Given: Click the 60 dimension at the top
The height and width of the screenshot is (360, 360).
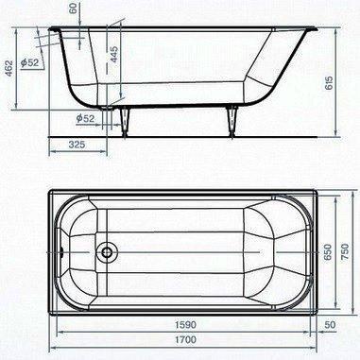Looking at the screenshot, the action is click(x=74, y=8).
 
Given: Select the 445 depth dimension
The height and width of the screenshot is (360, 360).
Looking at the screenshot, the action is click(x=114, y=54).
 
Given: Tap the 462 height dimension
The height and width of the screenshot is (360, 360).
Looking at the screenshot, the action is click(x=9, y=68).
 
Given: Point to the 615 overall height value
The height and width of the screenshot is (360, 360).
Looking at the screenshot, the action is click(x=329, y=83).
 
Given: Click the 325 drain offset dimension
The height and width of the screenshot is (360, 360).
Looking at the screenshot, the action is click(x=77, y=145).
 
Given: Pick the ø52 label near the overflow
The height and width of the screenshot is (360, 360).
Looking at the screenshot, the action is click(x=30, y=62).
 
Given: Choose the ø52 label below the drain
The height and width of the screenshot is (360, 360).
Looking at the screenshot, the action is click(x=85, y=118).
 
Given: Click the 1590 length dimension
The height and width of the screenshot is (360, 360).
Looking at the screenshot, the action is click(x=187, y=325).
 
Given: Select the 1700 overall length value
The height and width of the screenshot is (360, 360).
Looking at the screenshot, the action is click(x=186, y=340).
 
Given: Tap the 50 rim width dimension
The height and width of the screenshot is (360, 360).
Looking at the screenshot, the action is click(x=330, y=325).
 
